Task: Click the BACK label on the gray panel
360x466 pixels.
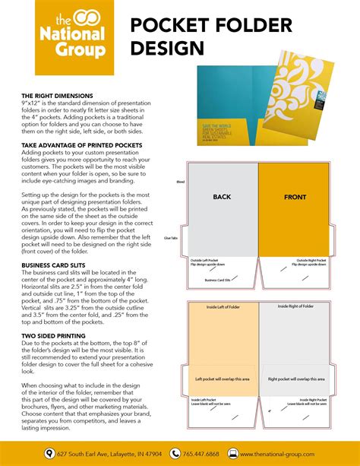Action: (x=222, y=197)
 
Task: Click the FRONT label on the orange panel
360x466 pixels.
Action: (x=295, y=197)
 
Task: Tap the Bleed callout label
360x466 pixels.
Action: (x=180, y=182)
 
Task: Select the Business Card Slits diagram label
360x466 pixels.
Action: (x=219, y=280)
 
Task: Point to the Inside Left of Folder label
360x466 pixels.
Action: (x=223, y=306)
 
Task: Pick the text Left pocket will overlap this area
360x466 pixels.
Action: (x=222, y=378)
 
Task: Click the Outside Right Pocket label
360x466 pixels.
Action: (x=311, y=261)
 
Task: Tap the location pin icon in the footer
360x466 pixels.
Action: (x=50, y=454)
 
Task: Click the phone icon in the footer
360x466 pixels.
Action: (x=175, y=454)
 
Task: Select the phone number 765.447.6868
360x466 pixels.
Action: (x=202, y=454)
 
